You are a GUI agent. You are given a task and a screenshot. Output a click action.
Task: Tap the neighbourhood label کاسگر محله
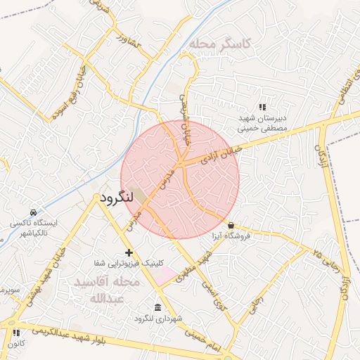(224, 44)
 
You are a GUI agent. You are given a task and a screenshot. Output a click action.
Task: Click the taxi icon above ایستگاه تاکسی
(34, 212)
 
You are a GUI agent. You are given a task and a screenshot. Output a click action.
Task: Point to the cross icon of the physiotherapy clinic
(128, 252)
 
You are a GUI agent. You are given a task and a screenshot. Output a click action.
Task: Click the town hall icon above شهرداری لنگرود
(156, 308)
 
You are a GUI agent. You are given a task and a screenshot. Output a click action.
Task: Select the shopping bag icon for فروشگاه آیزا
(231, 225)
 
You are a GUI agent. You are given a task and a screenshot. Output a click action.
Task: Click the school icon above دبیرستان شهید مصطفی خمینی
(262, 108)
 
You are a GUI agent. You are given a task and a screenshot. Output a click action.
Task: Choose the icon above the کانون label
(16, 333)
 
